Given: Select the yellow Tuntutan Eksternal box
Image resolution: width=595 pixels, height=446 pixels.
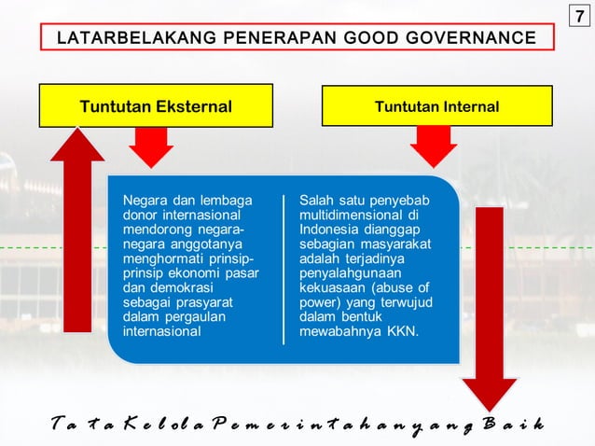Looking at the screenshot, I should pyautogui.click(x=156, y=106).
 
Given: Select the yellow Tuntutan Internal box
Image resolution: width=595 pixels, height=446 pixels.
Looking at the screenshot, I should pyautogui.click(x=436, y=106).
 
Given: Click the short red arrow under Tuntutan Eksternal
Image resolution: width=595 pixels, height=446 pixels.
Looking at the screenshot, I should pyautogui.click(x=151, y=146).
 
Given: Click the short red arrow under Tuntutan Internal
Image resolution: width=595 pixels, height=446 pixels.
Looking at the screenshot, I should pyautogui.click(x=434, y=146).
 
